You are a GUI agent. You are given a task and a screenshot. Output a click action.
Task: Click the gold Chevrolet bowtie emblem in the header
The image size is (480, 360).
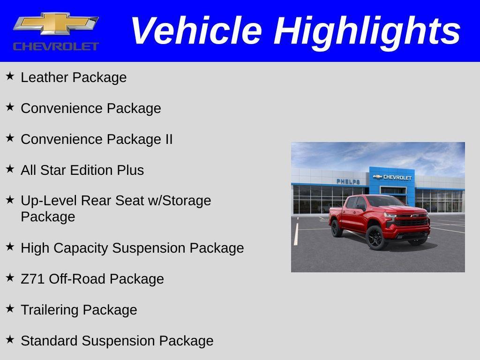coord(56,23)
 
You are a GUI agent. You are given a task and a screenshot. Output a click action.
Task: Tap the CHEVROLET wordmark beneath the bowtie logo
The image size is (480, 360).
coord(56,46)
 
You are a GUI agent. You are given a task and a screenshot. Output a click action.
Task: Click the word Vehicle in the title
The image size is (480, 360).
coord(195,31)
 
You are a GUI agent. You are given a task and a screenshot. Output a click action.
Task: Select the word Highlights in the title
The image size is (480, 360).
coord(367,31)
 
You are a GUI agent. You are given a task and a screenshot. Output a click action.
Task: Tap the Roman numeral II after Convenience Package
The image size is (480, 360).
coord(169,139)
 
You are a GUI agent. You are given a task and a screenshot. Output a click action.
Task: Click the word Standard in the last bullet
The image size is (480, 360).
coord(49,341)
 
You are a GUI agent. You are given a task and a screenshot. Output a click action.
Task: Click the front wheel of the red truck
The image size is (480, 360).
coord(375,238)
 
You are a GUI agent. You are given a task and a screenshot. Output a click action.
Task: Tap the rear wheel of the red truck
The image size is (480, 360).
coord(336,228)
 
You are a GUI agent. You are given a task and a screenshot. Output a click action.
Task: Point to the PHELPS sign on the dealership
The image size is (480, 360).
coord(348,181)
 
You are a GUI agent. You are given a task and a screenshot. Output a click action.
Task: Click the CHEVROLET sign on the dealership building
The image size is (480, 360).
coord(397,177)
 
